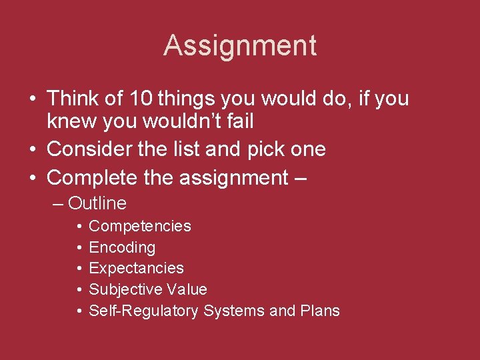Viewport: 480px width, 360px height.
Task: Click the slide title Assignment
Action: (240, 46)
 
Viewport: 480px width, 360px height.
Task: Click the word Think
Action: (73, 99)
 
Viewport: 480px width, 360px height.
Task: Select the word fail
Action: (241, 121)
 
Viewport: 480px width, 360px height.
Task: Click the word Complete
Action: (91, 178)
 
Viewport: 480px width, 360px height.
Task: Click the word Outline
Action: (97, 203)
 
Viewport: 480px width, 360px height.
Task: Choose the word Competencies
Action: (140, 227)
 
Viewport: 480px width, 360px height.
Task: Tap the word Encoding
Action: (122, 247)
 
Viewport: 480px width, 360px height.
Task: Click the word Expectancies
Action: (136, 268)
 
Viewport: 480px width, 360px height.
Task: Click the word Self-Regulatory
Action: (143, 311)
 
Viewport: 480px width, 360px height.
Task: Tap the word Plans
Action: (320, 311)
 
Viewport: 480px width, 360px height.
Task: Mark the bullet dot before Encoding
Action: (79, 248)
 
